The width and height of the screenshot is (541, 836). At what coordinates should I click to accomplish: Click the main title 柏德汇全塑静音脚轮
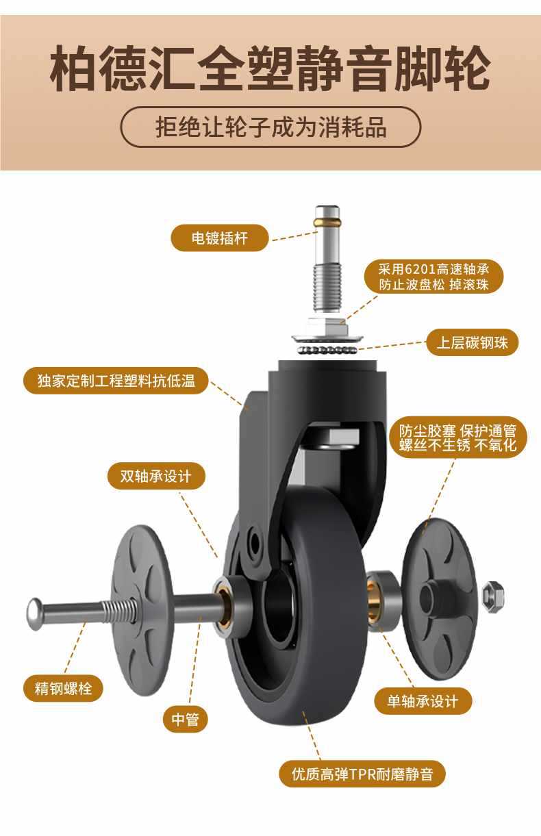270,68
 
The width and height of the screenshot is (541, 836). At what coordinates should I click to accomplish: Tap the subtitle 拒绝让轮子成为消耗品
270,127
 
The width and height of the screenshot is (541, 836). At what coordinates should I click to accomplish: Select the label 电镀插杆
219,238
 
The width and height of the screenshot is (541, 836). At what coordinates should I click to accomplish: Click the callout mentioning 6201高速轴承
433,277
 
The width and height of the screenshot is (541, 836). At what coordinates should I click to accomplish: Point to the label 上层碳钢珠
473,343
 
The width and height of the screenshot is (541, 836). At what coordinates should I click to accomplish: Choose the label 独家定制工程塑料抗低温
116,380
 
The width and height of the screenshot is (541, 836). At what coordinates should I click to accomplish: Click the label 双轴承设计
156,476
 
